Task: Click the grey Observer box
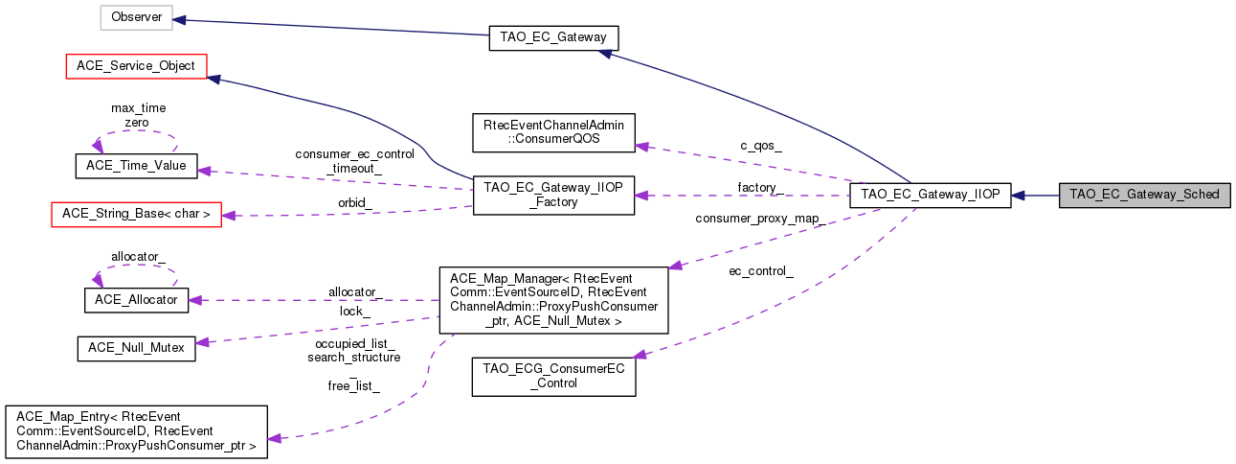[137, 17]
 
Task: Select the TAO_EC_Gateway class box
[553, 37]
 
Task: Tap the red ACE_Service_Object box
[135, 66]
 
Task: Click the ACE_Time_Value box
[136, 166]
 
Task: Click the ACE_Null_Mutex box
[136, 348]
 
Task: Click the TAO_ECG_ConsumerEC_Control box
[552, 377]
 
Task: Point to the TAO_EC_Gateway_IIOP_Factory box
[553, 195]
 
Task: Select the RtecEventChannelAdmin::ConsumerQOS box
[553, 132]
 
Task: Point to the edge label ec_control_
[761, 271]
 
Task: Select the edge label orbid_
[355, 202]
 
